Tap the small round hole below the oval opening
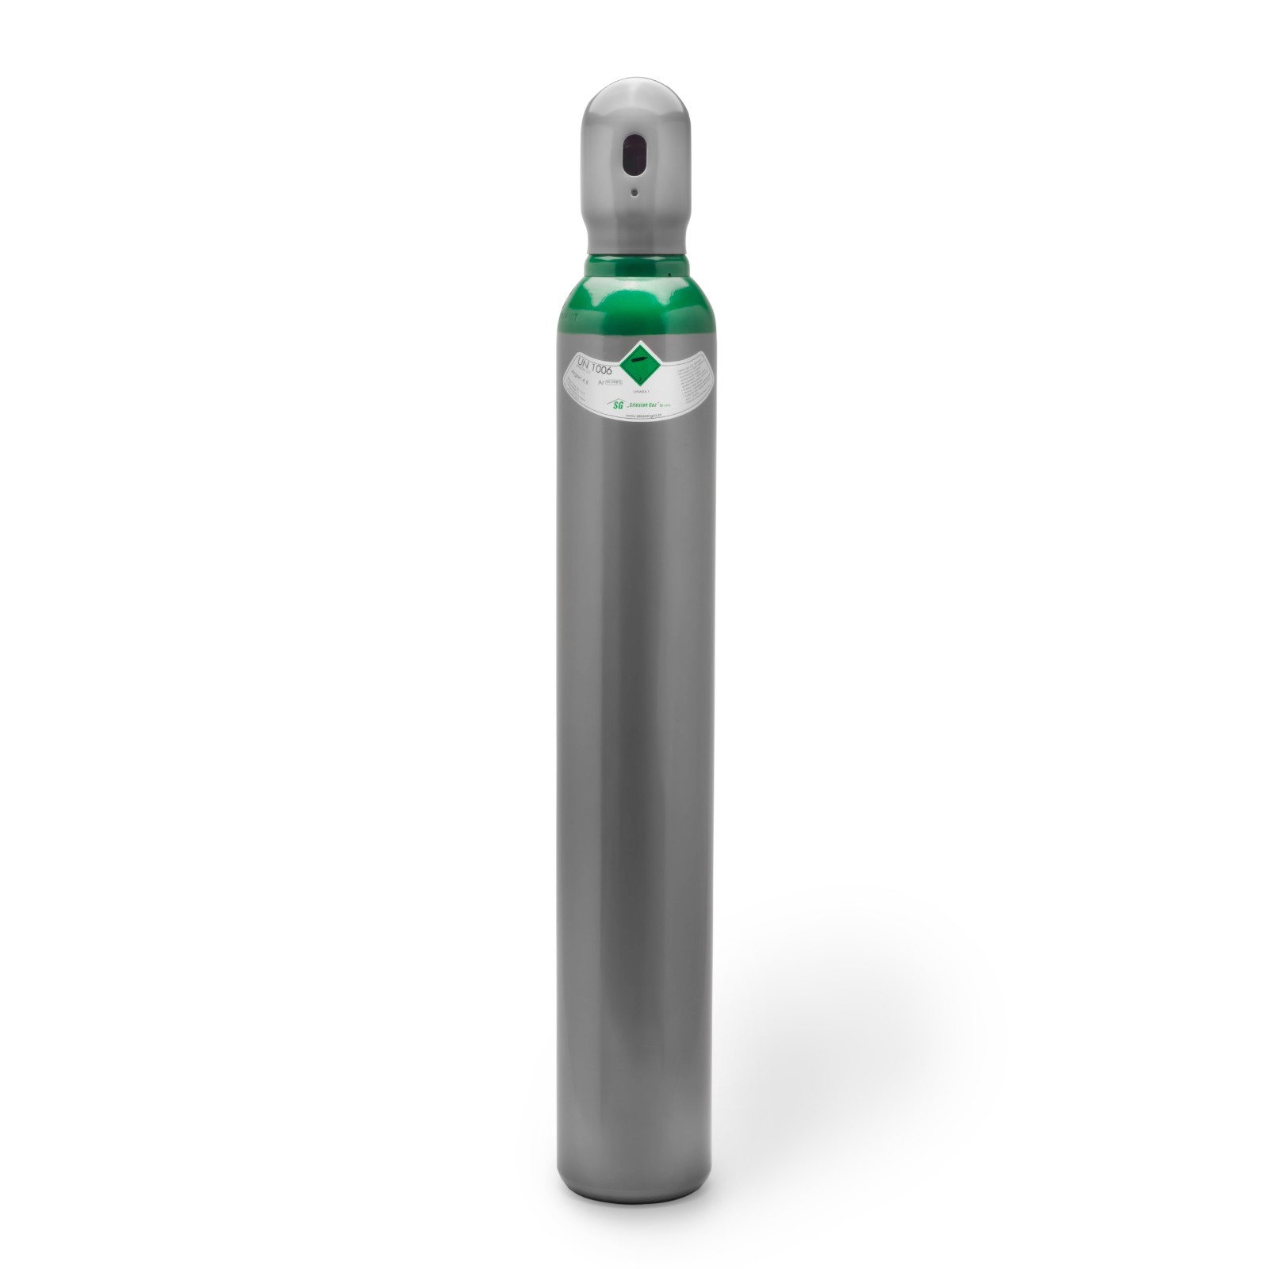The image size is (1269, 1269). [x=634, y=192]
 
